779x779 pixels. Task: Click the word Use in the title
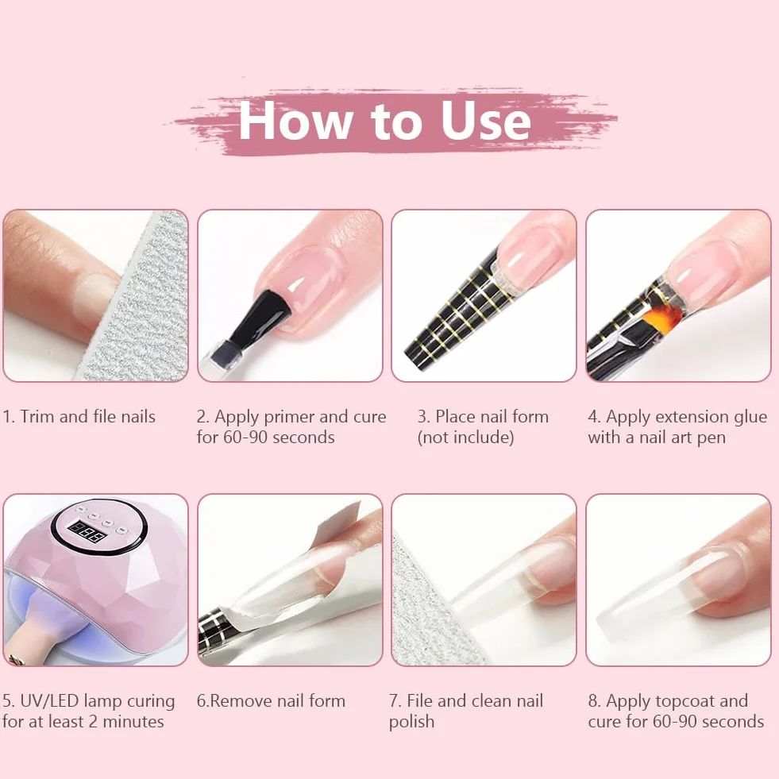point(486,119)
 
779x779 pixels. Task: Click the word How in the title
point(296,119)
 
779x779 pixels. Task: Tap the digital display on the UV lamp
point(88,531)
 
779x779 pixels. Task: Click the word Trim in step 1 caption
point(38,416)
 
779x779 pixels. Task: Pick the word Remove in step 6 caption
point(241,701)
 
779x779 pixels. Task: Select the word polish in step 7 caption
point(411,722)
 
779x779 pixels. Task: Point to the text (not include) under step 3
point(465,438)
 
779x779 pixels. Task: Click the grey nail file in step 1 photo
point(137,298)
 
